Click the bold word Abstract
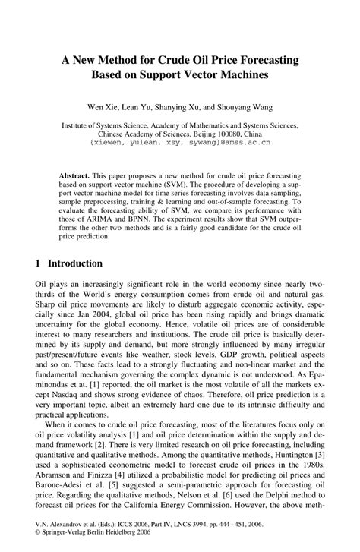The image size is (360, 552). click(x=75, y=175)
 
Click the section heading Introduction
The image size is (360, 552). click(x=75, y=263)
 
